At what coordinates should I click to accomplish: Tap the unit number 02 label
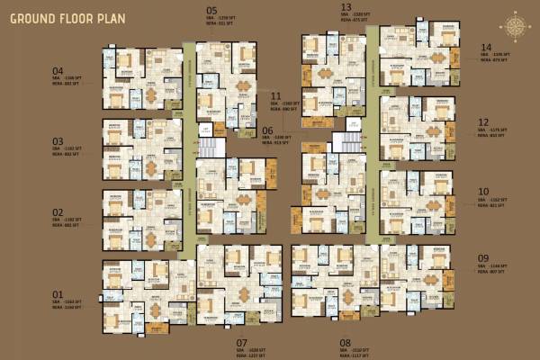click(58, 212)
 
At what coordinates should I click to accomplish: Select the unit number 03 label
click(58, 141)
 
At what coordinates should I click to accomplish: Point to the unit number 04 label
click(58, 70)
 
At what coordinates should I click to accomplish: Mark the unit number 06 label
click(266, 130)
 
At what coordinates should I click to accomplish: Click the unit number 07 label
click(241, 342)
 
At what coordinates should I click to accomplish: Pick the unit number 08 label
click(346, 342)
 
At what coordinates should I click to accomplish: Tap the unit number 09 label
click(483, 258)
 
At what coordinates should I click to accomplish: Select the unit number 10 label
click(483, 192)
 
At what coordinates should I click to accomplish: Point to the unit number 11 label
click(275, 95)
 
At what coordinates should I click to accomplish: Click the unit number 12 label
click(483, 122)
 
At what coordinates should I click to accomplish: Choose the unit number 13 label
click(346, 7)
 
